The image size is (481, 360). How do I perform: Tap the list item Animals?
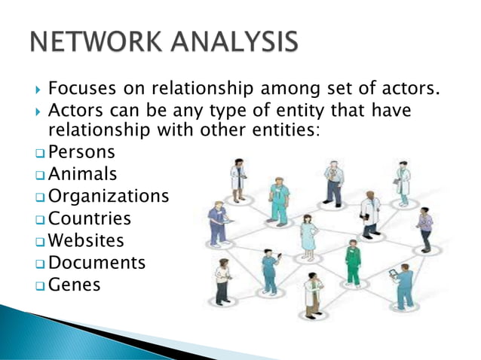tap(82, 175)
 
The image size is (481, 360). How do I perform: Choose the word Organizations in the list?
tap(109, 197)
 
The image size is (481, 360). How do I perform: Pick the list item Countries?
tap(89, 219)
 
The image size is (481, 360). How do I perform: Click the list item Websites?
tap(86, 241)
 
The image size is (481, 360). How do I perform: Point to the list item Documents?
tap(97, 263)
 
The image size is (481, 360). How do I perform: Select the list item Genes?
tap(74, 285)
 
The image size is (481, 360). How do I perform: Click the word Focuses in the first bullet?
tap(80, 90)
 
